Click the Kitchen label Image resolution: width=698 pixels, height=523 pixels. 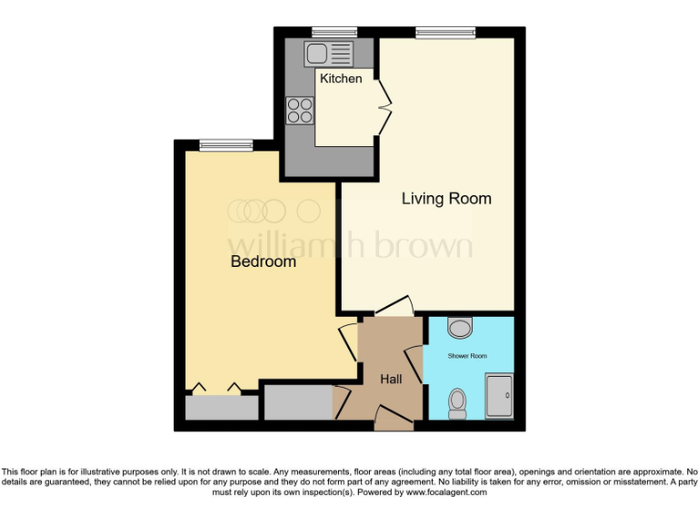click(x=341, y=79)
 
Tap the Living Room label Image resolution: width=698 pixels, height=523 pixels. click(x=446, y=199)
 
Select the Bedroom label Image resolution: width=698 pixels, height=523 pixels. click(x=263, y=261)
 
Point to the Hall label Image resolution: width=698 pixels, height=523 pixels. click(x=391, y=380)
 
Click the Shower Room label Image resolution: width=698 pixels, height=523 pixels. click(x=468, y=355)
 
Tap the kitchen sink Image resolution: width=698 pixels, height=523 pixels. click(x=329, y=53)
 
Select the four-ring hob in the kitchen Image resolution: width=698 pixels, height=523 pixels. click(x=300, y=110)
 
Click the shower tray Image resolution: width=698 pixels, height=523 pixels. click(x=499, y=396)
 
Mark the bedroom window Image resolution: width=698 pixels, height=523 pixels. click(x=226, y=144)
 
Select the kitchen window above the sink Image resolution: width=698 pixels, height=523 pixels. click(x=334, y=33)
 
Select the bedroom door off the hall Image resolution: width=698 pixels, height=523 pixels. click(x=348, y=343)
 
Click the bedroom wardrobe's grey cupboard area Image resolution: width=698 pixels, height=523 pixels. click(x=221, y=407)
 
